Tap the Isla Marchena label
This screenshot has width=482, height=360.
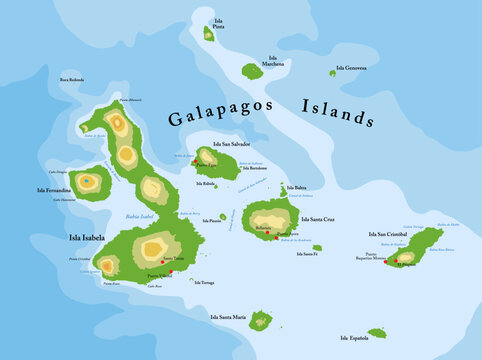tap(273, 61)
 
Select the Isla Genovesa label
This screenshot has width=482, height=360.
tap(351, 68)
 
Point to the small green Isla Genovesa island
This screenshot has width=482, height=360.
tap(333, 72)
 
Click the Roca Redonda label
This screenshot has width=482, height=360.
tap(72, 79)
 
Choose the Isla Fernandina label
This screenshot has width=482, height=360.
tap(53, 189)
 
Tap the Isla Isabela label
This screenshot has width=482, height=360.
tap(87, 238)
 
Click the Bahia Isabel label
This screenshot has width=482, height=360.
tap(139, 216)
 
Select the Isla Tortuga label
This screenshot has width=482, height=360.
tap(203, 282)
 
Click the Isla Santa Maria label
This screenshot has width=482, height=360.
tap(228, 317)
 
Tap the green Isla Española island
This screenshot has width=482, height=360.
tap(377, 333)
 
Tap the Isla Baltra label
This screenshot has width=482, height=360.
tap(297, 187)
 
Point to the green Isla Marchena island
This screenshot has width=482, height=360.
tap(252, 71)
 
